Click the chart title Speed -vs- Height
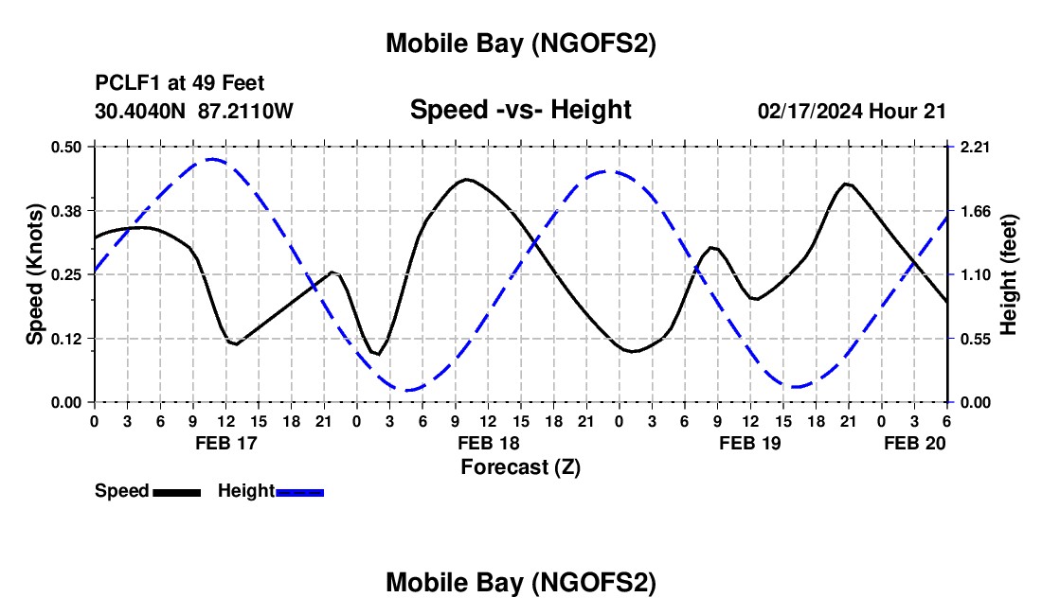click(x=520, y=110)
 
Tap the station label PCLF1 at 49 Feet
click(x=180, y=83)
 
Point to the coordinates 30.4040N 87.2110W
click(x=194, y=111)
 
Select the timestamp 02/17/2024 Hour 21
click(x=852, y=111)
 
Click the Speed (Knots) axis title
click(x=34, y=273)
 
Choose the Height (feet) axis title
click(x=1008, y=273)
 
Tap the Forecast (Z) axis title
click(x=520, y=466)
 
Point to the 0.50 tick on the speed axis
click(x=67, y=147)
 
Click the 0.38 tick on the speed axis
click(x=67, y=210)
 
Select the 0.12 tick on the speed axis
click(x=67, y=339)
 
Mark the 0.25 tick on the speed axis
click(x=67, y=274)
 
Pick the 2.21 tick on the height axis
click(x=975, y=147)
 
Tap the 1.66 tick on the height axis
click(x=975, y=210)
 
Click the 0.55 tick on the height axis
click(x=975, y=339)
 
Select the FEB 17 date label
click(x=225, y=443)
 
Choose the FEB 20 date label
click(x=914, y=443)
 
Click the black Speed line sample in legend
click(x=176, y=491)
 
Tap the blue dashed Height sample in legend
click(x=299, y=491)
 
